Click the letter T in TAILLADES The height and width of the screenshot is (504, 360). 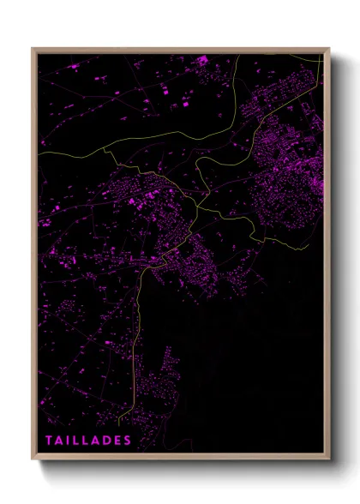(50, 441)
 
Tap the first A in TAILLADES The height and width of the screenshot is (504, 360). (60, 441)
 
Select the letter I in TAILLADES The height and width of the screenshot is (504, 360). (69, 441)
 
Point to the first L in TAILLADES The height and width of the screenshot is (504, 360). (77, 441)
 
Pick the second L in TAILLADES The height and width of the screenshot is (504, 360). (87, 441)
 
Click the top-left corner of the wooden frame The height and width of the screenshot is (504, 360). (33, 49)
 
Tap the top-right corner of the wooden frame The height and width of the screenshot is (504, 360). (328, 49)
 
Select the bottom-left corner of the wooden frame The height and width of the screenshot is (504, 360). (33, 459)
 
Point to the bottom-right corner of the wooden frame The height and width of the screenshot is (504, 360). (328, 459)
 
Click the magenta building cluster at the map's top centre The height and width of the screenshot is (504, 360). (202, 62)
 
